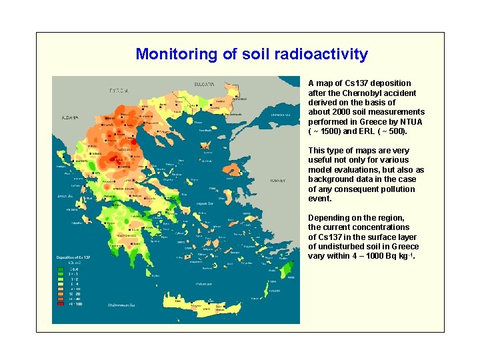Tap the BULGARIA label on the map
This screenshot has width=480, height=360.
pos(204,85)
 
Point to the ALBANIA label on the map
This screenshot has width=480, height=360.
pos(70,117)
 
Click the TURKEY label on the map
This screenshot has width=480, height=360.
pos(277,181)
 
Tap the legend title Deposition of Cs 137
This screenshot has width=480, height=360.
pos(75,257)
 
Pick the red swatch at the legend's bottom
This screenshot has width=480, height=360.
pos(61,304)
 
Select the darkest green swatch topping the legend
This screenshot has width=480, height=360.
pos(61,268)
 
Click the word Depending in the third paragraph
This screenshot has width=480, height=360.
pos(329,218)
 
